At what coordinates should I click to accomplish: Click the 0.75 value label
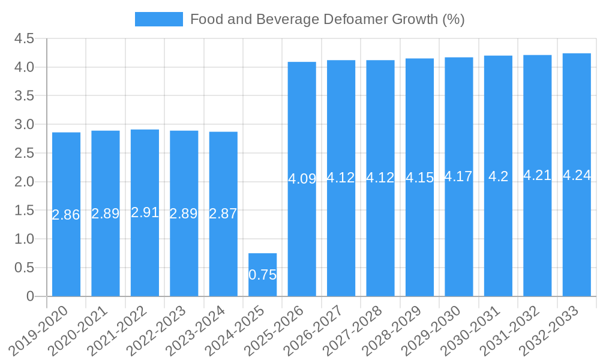pyautogui.click(x=262, y=275)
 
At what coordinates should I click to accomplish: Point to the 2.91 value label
pyautogui.click(x=145, y=212)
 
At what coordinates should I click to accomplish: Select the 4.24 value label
pyautogui.click(x=577, y=175)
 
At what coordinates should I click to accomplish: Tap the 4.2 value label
pyautogui.click(x=498, y=176)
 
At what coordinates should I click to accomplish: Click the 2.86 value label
pyautogui.click(x=66, y=215)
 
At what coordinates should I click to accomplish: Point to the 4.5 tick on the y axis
pyautogui.click(x=24, y=39)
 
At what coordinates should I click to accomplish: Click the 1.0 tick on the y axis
pyautogui.click(x=24, y=239)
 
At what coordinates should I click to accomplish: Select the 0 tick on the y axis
pyautogui.click(x=30, y=296)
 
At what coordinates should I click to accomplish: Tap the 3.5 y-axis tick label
pyautogui.click(x=24, y=96)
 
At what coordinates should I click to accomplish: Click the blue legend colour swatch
pyautogui.click(x=159, y=19)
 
